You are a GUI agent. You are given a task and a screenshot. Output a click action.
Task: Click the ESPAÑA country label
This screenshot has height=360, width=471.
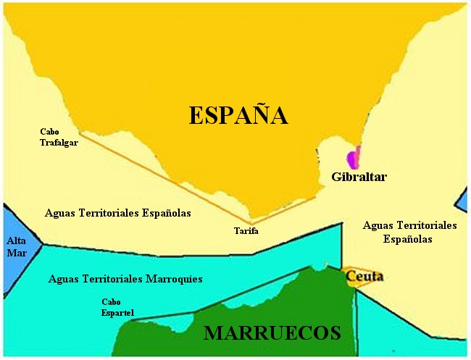coord(238,116)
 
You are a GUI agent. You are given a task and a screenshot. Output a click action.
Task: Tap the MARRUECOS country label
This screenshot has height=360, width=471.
coord(272,333)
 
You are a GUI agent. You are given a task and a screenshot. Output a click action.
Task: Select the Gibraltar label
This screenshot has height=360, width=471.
coord(359,177)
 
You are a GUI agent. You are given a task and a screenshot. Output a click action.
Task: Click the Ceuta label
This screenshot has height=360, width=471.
coord(364,277)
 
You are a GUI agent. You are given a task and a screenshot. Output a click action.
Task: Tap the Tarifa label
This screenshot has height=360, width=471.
coord(246,231)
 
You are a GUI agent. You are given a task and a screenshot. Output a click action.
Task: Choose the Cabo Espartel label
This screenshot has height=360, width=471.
coord(117,307)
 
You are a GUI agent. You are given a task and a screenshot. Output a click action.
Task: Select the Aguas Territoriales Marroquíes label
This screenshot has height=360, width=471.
coord(125,278)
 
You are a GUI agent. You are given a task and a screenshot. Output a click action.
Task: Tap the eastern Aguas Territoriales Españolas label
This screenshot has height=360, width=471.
coord(409,232)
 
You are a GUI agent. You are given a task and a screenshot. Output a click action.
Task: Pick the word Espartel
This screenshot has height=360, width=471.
coord(117,312)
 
